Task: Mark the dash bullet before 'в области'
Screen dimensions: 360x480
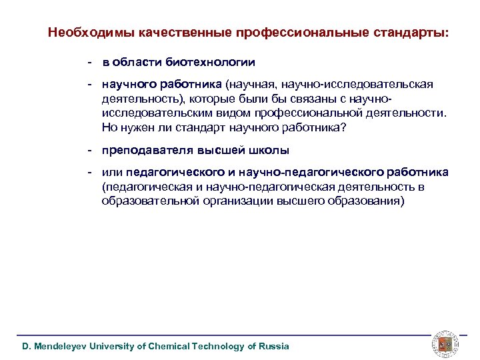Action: [x=88, y=62]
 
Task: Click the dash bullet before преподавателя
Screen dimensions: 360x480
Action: [x=88, y=150]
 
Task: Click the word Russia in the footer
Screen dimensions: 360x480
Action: [x=274, y=346]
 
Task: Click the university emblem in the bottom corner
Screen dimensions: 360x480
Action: [x=444, y=343]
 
